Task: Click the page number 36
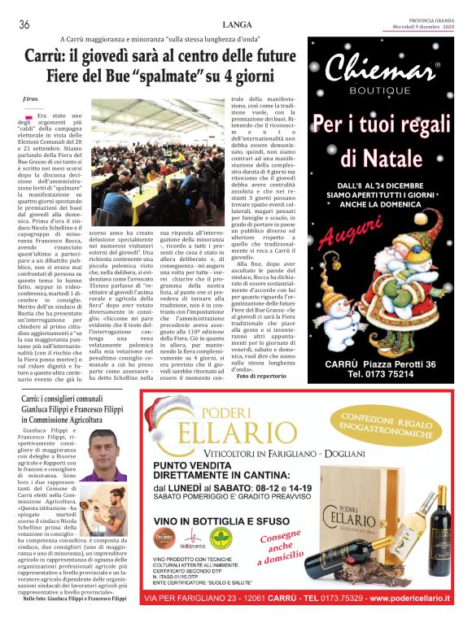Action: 24,24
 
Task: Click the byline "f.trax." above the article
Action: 31,98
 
